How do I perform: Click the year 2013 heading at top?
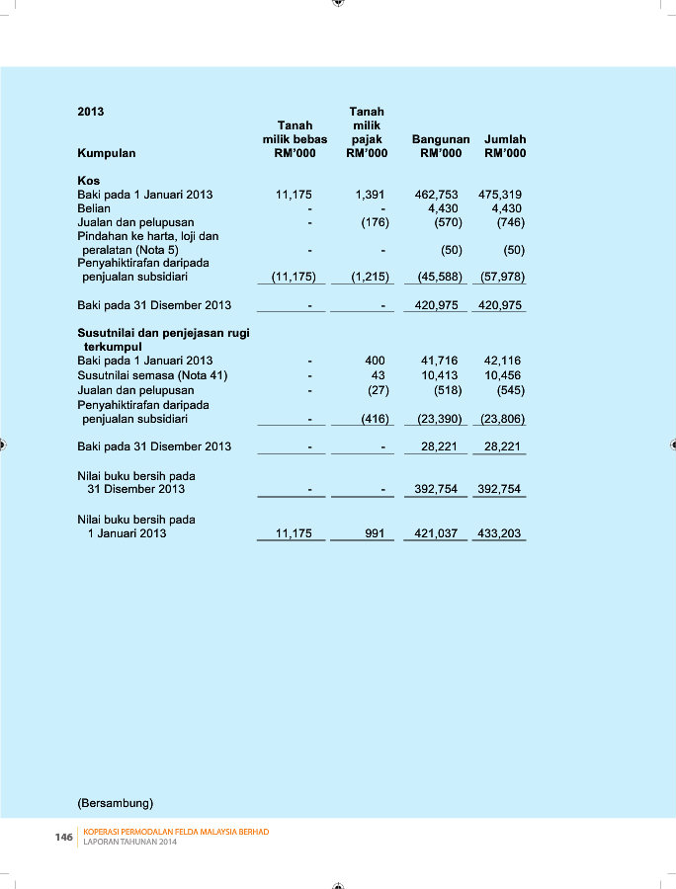91,112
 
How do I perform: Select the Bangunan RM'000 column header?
440,146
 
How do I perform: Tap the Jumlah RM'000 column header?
505,146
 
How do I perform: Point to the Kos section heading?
88,181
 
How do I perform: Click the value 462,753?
437,195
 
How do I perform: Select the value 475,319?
500,195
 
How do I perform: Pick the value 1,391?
370,195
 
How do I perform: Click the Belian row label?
94,208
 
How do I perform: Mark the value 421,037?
435,533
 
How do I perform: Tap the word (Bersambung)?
116,801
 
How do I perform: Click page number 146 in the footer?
63,837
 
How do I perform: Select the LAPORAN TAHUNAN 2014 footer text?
129,843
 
